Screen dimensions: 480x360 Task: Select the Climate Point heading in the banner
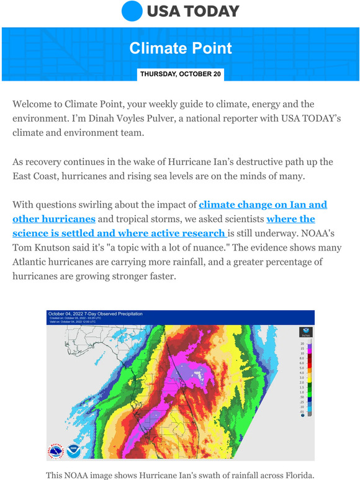(x=181, y=48)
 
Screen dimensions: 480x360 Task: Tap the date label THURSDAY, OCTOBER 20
(x=180, y=74)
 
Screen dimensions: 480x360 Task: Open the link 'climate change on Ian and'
(x=263, y=204)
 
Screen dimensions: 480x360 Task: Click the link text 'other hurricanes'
(x=53, y=219)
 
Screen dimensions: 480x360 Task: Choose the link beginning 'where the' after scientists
(x=290, y=219)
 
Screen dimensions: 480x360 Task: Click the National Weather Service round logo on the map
(x=55, y=451)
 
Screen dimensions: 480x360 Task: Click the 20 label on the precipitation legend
(x=302, y=343)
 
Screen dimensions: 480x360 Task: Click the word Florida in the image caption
(x=295, y=475)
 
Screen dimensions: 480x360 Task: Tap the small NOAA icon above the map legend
(x=305, y=331)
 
